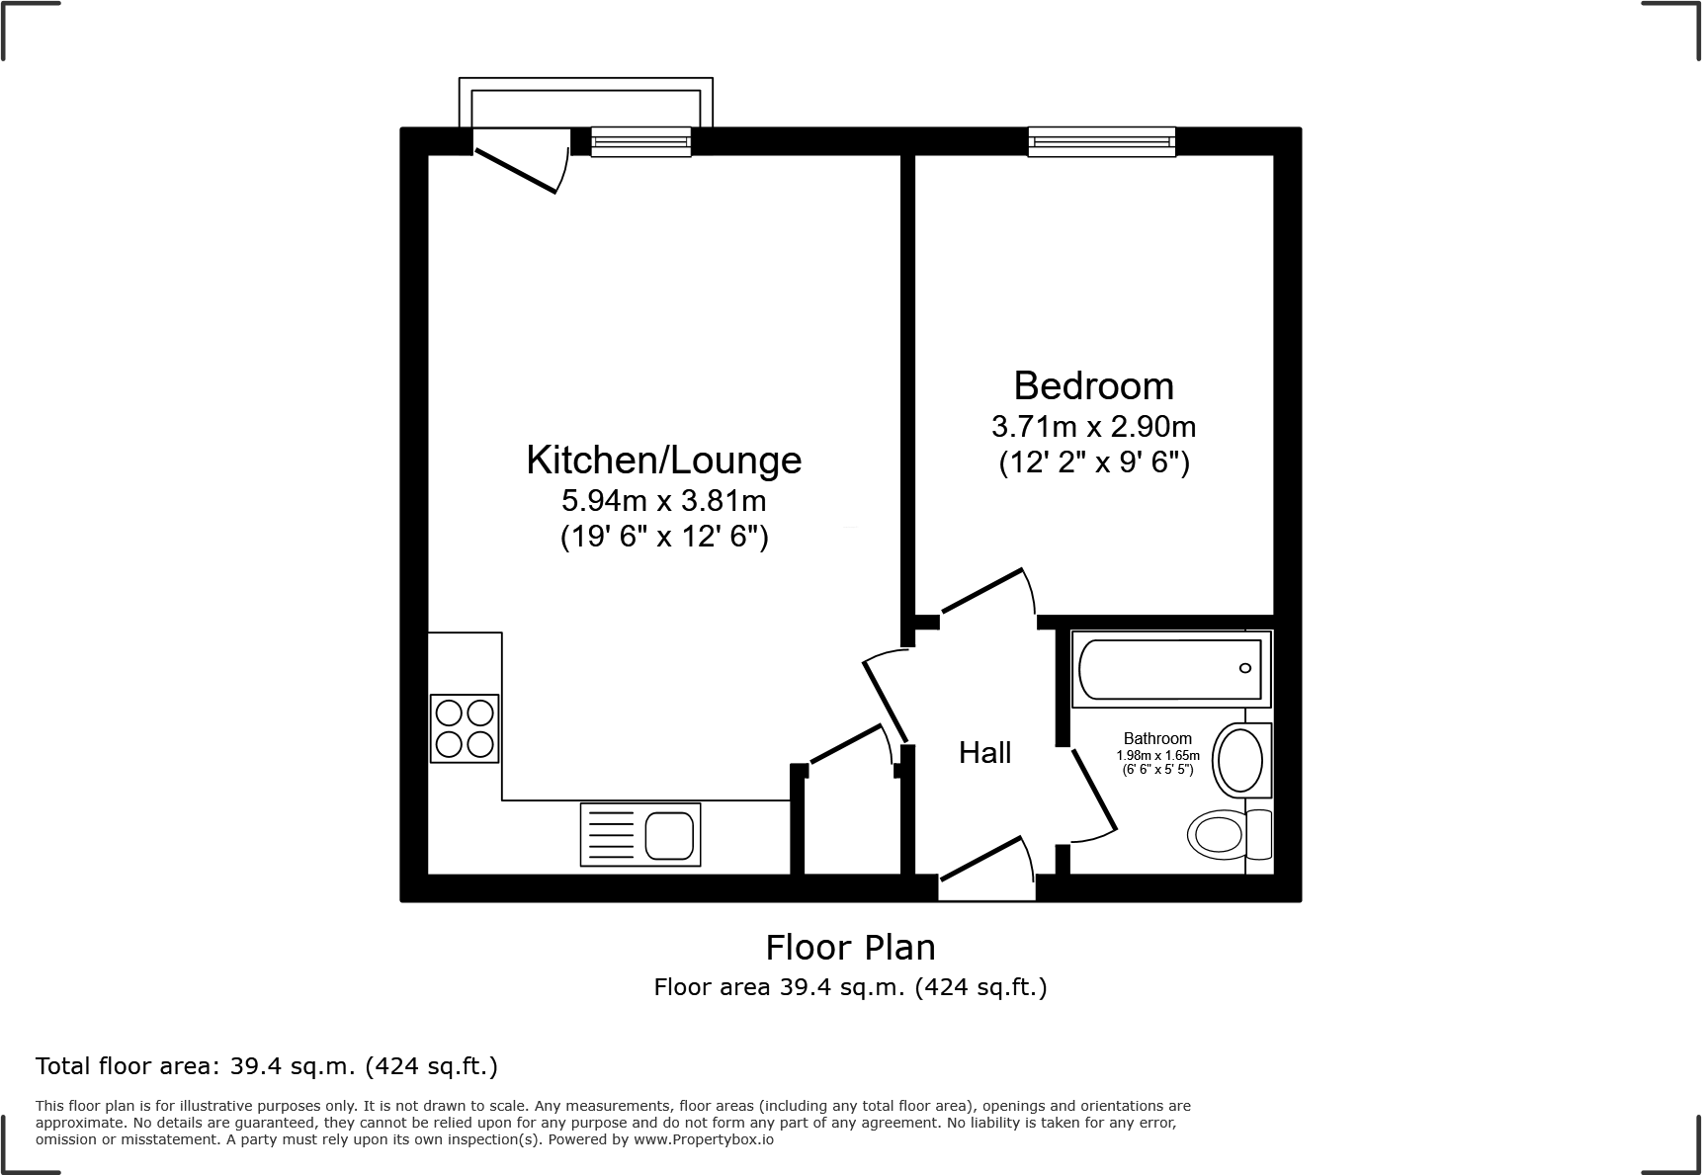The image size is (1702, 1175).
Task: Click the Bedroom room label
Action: tap(1093, 385)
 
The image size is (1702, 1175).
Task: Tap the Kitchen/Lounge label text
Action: tap(663, 461)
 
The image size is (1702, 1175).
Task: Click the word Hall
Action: tap(984, 753)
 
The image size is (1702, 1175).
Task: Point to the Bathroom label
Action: tap(1157, 738)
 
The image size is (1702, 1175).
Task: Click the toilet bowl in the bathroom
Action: tap(1218, 835)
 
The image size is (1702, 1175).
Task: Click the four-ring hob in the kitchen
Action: tap(465, 728)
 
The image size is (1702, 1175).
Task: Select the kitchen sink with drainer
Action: tap(640, 835)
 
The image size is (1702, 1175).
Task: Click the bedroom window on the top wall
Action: tap(1101, 142)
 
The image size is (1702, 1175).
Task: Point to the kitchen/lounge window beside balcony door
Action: tap(640, 142)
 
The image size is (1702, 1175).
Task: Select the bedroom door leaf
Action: tap(981, 590)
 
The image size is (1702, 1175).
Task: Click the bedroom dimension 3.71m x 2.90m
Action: tap(1093, 427)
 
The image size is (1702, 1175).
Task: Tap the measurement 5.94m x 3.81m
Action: tap(663, 501)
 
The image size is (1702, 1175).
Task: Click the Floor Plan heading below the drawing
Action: tap(850, 948)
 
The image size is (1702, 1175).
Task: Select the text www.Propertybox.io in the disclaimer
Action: tap(703, 1139)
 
